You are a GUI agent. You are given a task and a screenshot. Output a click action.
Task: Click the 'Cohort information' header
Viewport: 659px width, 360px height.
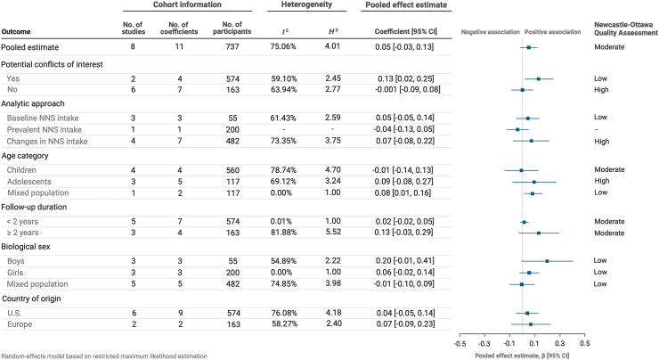(x=187, y=4)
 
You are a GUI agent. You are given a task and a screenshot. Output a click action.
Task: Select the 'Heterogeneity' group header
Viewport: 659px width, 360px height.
(x=306, y=4)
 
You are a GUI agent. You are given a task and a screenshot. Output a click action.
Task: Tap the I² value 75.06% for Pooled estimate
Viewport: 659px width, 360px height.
(x=283, y=46)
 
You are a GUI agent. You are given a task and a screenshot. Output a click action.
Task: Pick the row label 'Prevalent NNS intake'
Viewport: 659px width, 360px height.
(x=45, y=129)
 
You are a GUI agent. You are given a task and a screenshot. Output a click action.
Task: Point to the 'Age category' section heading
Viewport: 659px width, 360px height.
(x=25, y=156)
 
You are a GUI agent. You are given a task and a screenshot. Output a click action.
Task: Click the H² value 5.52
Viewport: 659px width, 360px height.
(x=333, y=232)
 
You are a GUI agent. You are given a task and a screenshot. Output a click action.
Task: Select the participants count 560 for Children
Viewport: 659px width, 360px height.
(x=232, y=170)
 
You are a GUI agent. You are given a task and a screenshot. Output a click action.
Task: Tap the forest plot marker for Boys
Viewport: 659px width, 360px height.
(x=547, y=261)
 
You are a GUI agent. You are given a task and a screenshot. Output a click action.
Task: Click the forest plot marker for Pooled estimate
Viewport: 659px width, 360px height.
(x=529, y=47)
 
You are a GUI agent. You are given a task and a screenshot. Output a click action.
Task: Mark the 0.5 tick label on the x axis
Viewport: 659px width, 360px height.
(x=584, y=343)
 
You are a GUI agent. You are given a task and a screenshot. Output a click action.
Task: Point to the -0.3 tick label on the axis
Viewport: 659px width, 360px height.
(x=484, y=343)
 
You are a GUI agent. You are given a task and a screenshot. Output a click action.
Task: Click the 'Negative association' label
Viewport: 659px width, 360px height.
(x=490, y=32)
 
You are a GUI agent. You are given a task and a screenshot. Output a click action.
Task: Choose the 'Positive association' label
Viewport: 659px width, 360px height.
(x=553, y=32)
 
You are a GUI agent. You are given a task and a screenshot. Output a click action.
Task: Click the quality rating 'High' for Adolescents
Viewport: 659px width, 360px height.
(x=602, y=181)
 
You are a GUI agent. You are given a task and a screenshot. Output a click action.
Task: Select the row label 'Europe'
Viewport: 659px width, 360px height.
(x=20, y=324)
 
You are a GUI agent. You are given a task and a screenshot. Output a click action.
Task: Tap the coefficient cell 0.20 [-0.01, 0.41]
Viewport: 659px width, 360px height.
(x=405, y=261)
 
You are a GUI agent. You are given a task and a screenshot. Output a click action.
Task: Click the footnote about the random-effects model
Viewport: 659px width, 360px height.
(x=104, y=356)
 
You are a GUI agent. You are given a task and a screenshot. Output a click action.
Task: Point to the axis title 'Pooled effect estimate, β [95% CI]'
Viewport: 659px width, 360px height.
(x=523, y=356)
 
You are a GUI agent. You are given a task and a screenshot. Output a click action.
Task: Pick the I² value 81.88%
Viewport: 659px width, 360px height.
(x=284, y=233)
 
